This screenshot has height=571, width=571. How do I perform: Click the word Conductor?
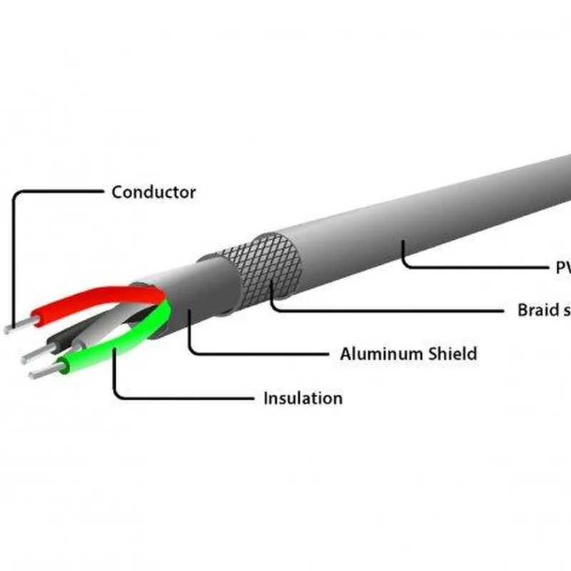(153, 192)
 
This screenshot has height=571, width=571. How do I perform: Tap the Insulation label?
(303, 398)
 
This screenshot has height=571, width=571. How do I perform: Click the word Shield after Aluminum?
(452, 353)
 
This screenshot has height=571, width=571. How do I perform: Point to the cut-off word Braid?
(538, 310)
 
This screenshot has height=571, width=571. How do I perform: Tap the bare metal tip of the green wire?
(44, 371)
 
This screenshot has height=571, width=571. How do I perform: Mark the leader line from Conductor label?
(57, 192)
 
